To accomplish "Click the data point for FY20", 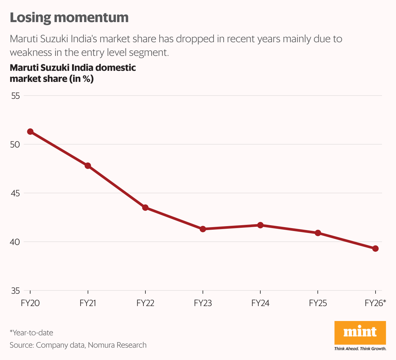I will tap(30, 132).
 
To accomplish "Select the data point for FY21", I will tap(88, 166).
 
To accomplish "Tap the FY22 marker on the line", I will tap(145, 208).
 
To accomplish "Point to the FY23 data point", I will tap(203, 229).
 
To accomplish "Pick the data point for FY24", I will tap(260, 225).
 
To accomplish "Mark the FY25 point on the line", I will tap(318, 233).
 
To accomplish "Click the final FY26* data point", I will tap(375, 249).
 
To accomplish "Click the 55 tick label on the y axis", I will tap(15, 96).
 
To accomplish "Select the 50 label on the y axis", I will tap(15, 145).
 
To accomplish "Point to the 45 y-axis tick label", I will tap(15, 193).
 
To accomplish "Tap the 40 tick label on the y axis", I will tap(15, 242).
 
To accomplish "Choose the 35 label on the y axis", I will tap(15, 291).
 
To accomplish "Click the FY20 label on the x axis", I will tap(30, 303).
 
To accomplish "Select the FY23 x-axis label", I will tap(203, 303).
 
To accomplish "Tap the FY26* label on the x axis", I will tap(375, 303).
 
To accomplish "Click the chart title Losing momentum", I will tap(69, 18).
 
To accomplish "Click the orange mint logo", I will tap(360, 332).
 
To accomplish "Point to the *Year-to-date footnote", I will tap(31, 333).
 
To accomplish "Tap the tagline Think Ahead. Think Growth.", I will tap(360, 349).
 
